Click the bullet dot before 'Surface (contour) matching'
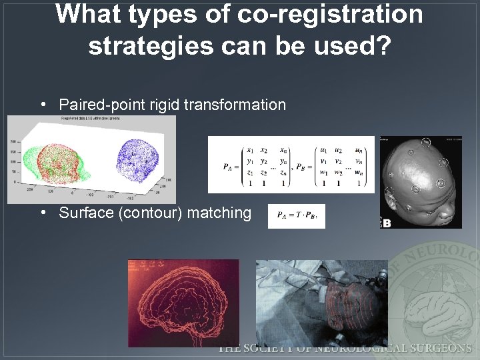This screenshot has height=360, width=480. [43, 213]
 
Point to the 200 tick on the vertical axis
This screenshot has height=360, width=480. [13, 141]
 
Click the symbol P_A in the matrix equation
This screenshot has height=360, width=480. [231, 166]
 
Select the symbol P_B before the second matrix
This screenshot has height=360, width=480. [303, 166]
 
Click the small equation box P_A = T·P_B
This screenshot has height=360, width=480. [296, 216]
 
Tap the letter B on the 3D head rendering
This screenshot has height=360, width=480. [386, 223]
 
